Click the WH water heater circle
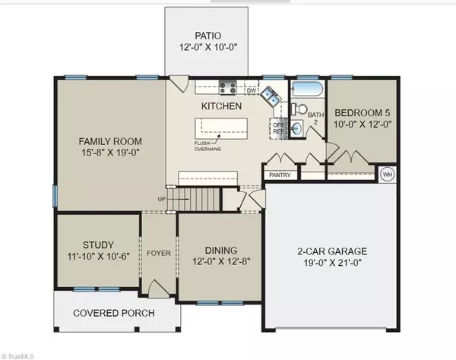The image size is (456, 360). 388,175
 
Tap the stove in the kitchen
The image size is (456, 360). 227,87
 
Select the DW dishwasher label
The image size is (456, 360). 252,90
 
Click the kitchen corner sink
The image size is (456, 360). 271,96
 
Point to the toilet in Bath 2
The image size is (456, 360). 299,109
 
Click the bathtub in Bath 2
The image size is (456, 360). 307,89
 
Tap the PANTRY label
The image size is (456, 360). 280,175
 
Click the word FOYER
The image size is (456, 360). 159,254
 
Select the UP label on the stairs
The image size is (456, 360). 162,199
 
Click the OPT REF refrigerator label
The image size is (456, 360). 278,128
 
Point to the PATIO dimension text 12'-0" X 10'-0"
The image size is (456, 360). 208,47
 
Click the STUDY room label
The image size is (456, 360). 98,245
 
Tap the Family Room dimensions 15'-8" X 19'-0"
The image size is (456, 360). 110,152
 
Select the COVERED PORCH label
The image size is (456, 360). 114,313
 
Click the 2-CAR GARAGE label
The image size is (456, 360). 332,251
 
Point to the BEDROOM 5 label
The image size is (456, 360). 363,112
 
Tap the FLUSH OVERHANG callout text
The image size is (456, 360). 207,146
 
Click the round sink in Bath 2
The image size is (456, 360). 296,128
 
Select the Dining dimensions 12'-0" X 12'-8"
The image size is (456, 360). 221,261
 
